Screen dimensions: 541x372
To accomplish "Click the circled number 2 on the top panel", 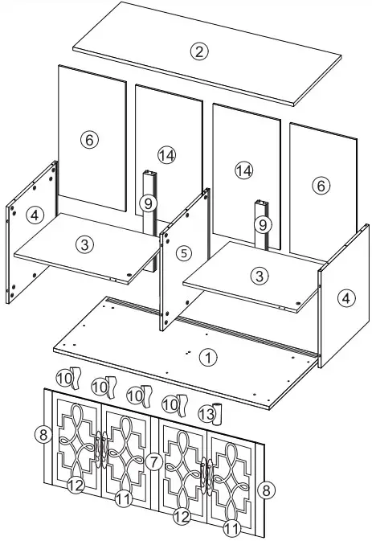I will point(199,52).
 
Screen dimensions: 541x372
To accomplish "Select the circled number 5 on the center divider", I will point(184,253).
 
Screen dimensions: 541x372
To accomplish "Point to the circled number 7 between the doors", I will point(153,461).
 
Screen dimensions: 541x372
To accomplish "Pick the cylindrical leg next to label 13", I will point(217,414).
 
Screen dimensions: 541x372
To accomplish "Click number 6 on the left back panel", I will point(89,140).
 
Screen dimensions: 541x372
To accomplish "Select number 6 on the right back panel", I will point(321,186).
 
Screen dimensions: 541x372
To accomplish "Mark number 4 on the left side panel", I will point(32,215).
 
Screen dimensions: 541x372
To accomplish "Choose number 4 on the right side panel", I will point(345,298).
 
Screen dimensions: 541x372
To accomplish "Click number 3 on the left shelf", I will point(84,242).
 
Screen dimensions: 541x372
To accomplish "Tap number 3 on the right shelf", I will point(258,276).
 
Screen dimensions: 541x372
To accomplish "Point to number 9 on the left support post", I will point(148,203).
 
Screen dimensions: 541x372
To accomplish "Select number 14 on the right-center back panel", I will point(243,170).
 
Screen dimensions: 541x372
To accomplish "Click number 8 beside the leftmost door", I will point(43,435).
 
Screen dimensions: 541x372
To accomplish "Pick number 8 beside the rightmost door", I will point(265,489).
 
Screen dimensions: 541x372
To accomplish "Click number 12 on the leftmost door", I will point(76,485).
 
